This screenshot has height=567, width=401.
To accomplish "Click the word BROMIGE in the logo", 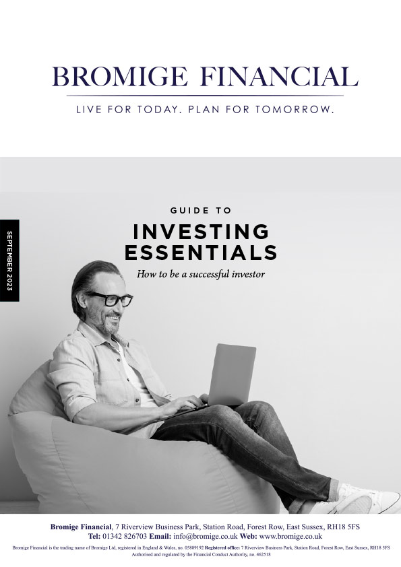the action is click(120, 76).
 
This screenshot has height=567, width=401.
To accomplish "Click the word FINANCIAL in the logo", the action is click(279, 76).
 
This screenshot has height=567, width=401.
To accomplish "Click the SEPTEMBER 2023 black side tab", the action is click(9, 261).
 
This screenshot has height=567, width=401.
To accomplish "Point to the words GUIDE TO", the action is click(201, 210).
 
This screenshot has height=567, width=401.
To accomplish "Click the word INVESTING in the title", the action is click(201, 232).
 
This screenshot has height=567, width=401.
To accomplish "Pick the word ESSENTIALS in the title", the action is click(201, 253).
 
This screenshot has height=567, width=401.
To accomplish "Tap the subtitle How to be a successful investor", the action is click(201, 274).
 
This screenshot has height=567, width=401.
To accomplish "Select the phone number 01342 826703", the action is click(125, 536).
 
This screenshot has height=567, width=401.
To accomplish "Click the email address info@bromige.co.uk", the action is click(205, 536).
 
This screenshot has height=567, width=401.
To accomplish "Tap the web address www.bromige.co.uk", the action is click(290, 536).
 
